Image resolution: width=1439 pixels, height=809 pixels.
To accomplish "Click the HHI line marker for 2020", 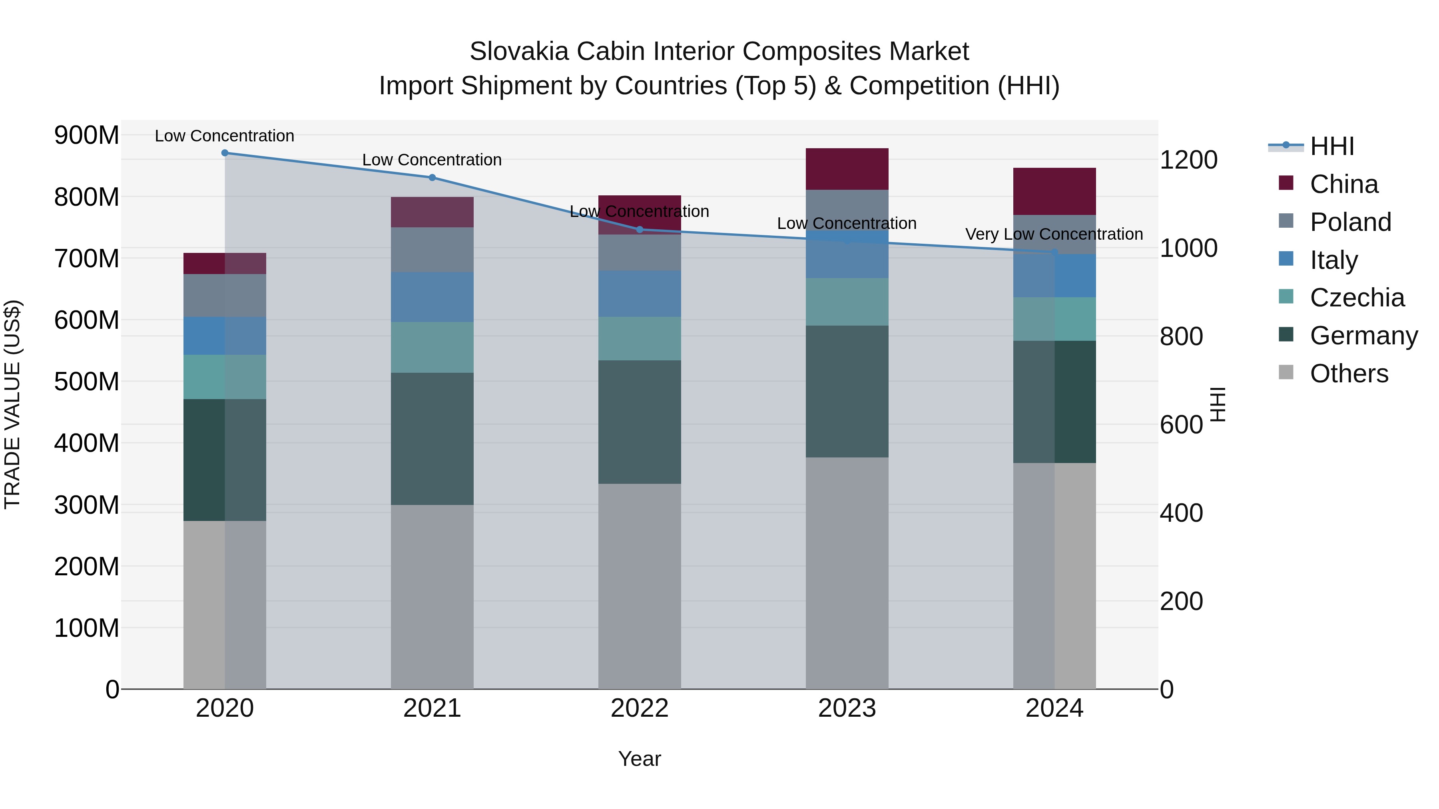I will [225, 153].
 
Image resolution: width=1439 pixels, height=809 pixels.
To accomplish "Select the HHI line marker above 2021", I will [432, 177].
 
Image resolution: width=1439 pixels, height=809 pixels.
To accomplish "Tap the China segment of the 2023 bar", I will [847, 169].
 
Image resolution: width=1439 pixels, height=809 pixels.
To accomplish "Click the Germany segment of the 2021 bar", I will [432, 438].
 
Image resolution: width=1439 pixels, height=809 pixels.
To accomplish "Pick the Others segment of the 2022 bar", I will [640, 586].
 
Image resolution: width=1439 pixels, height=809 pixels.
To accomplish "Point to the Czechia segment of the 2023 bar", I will [847, 302].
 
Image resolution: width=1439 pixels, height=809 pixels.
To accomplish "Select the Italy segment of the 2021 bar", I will [432, 296].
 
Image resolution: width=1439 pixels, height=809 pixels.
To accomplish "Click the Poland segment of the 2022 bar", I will [640, 252].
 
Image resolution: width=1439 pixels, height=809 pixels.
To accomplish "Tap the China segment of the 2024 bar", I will [1054, 191].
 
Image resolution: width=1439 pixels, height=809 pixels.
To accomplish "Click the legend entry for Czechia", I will [1356, 298].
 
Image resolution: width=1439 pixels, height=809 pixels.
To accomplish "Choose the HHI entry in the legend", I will [1332, 146].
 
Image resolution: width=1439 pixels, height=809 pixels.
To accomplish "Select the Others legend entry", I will [1349, 374].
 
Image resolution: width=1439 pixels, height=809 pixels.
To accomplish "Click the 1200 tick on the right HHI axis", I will [1189, 160].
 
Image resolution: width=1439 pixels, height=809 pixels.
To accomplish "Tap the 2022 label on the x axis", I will [640, 708].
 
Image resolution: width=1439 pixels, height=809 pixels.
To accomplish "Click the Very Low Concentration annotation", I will [1054, 234].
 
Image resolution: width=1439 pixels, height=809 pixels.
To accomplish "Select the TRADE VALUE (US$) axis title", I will [12, 404].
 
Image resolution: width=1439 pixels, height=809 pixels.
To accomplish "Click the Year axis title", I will [640, 759].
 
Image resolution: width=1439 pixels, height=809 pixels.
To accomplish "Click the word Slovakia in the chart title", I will [518, 52].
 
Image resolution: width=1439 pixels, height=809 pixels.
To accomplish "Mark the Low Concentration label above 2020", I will [225, 136].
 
